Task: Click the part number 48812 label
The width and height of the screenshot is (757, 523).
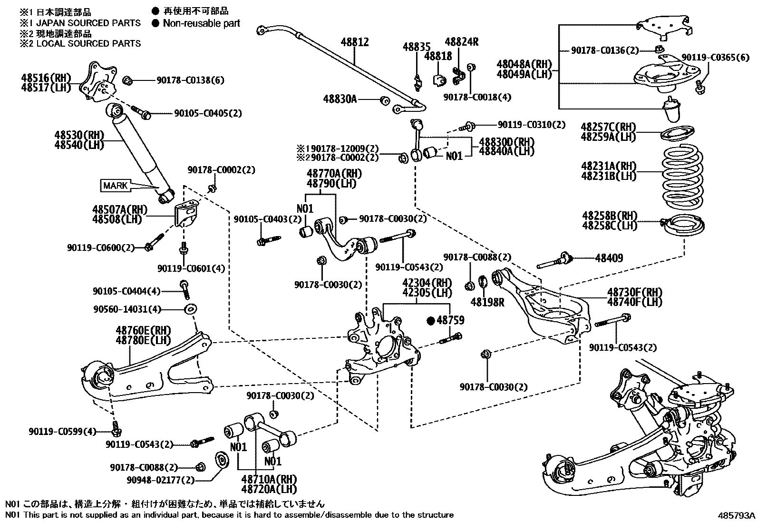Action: (354, 42)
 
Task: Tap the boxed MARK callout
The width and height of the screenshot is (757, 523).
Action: (115, 185)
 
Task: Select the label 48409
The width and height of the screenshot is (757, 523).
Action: (609, 258)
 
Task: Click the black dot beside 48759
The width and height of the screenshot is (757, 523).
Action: (431, 321)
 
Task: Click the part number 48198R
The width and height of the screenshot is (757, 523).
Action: (487, 302)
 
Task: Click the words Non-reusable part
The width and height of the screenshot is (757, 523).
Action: (202, 23)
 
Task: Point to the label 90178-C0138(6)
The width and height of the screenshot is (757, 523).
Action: (190, 80)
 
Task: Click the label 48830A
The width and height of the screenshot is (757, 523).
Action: (340, 99)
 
